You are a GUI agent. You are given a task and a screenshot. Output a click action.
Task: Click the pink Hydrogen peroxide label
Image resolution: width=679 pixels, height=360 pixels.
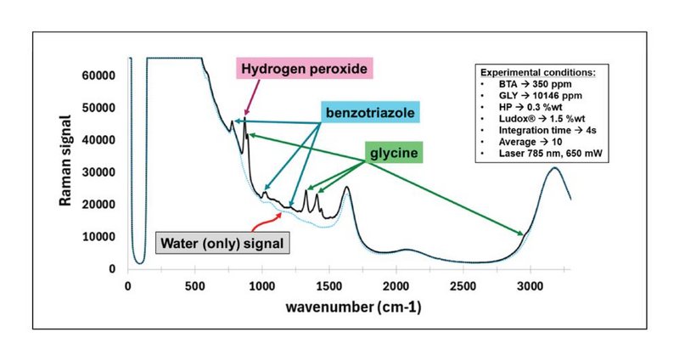click(x=304, y=70)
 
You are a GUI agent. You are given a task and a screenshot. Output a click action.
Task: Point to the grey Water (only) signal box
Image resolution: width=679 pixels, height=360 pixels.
click(x=223, y=243)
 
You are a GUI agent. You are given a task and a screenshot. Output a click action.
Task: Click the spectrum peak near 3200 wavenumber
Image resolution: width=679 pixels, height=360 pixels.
click(x=554, y=168)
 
